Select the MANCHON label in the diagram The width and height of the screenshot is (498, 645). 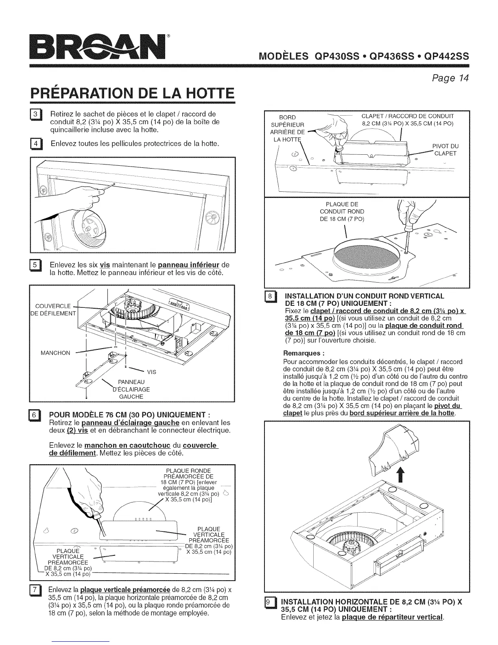click(55, 353)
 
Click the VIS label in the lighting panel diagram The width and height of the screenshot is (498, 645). click(151, 372)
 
